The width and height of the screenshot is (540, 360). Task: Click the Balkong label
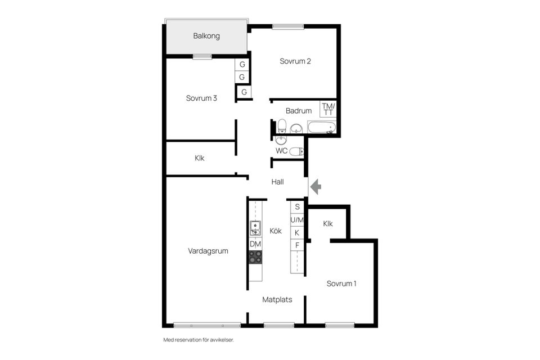[206, 36]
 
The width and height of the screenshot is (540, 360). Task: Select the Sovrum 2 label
[295, 61]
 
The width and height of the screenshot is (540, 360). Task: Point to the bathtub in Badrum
[322, 127]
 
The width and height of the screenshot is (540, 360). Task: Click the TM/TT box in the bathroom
[328, 109]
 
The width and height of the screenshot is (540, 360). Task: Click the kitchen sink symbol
[255, 228]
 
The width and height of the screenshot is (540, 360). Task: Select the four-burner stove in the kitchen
[255, 257]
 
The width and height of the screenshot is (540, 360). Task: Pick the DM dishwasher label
[255, 244]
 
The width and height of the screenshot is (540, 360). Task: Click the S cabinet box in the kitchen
[298, 206]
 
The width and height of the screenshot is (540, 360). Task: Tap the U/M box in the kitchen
[298, 219]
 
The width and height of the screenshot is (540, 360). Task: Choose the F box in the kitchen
[298, 245]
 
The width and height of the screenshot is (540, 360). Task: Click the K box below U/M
[298, 232]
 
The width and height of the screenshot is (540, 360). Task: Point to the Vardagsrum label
[208, 251]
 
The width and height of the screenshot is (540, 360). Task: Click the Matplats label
[277, 300]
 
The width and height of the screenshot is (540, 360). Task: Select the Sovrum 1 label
[341, 283]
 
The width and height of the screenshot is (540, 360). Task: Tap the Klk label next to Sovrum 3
[200, 159]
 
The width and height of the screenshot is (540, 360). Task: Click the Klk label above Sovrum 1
[328, 224]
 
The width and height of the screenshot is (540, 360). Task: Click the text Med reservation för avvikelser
[198, 340]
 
